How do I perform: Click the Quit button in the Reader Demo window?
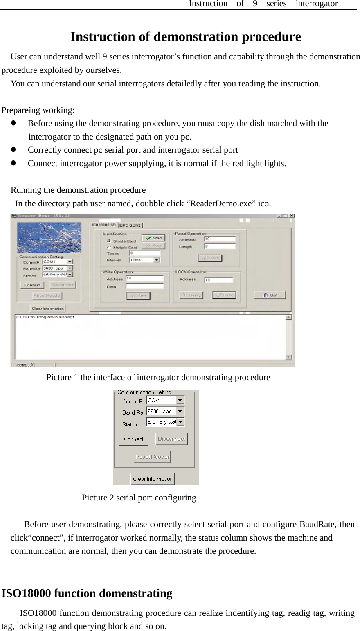tap(270, 295)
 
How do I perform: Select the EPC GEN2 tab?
tap(130, 225)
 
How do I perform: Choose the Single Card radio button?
tap(109, 241)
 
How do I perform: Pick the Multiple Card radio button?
tap(109, 247)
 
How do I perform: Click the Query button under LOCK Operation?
tap(191, 295)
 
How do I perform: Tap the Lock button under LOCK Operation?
tap(224, 295)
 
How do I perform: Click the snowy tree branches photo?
tap(49, 237)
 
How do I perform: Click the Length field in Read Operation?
tap(220, 246)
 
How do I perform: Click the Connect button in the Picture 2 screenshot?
tap(133, 439)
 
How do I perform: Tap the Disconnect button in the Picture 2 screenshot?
tap(171, 439)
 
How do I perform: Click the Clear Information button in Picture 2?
tap(153, 479)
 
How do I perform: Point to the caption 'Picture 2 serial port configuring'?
tap(139, 498)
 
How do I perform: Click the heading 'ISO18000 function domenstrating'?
tap(87, 593)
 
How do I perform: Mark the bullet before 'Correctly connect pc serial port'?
tap(13, 150)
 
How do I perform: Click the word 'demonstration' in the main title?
tap(196, 37)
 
